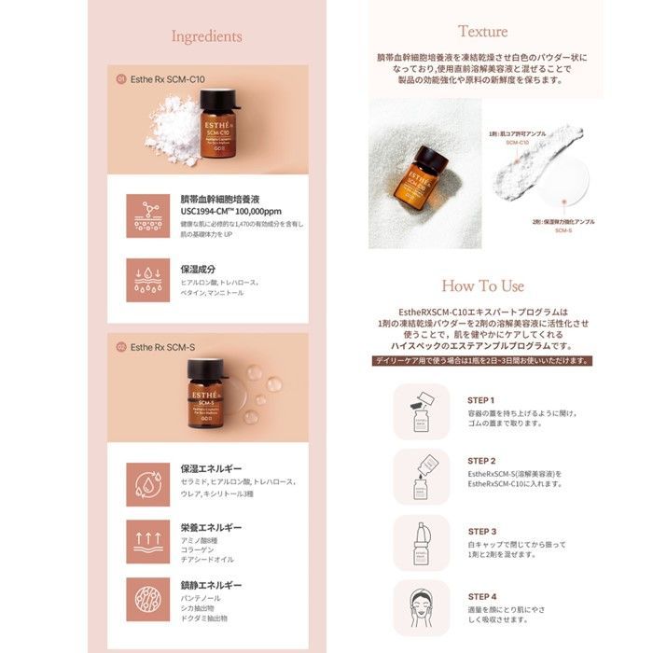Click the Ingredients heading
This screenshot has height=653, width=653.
pyautogui.click(x=207, y=36)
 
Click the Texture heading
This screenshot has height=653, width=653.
pyautogui.click(x=482, y=31)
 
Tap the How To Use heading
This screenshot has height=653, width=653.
pyautogui.click(x=482, y=285)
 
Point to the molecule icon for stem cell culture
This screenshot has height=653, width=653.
pyautogui.click(x=147, y=215)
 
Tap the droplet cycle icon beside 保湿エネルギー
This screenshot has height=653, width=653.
pyautogui.click(x=147, y=482)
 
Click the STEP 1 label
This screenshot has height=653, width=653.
pyautogui.click(x=482, y=399)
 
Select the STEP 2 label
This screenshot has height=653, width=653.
pyautogui.click(x=482, y=461)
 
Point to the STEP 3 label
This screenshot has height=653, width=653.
pyautogui.click(x=482, y=529)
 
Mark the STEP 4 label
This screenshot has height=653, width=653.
pyautogui.click(x=482, y=596)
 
